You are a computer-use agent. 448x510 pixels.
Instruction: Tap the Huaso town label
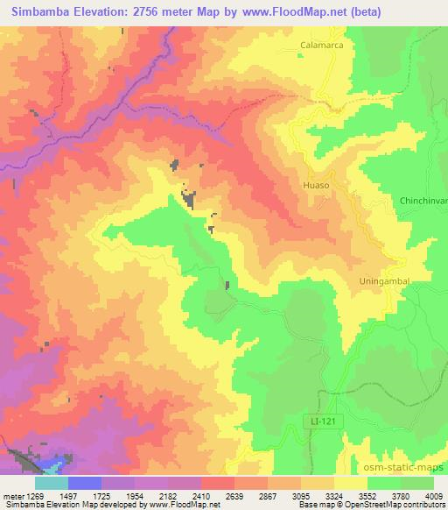(x=315, y=186)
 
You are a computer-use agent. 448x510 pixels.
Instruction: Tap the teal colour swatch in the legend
(x=52, y=482)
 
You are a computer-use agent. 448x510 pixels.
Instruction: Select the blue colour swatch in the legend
(x=85, y=482)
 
